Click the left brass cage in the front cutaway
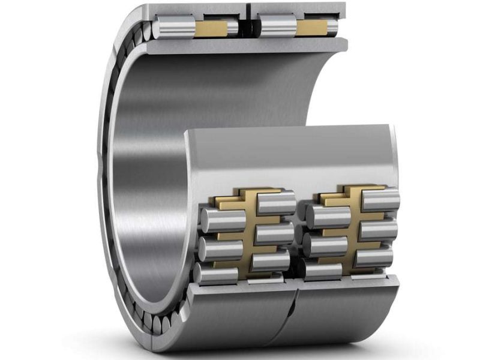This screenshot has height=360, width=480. click(246, 228)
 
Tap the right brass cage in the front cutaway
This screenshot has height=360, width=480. click(351, 222)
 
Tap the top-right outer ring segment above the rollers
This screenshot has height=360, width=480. click(300, 9)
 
